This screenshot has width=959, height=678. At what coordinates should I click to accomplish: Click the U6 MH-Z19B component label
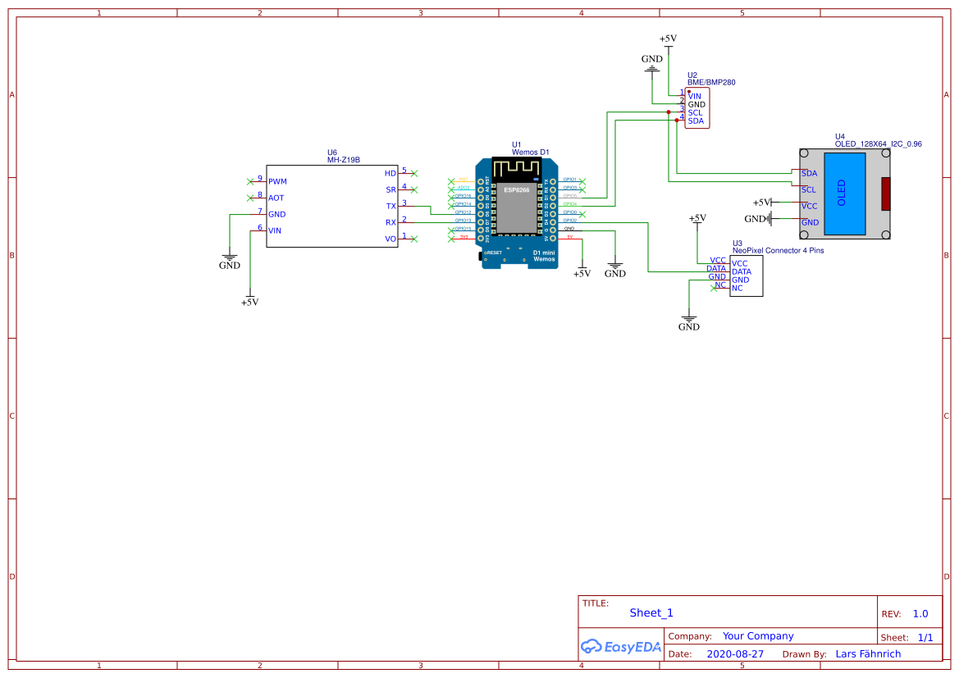(344, 157)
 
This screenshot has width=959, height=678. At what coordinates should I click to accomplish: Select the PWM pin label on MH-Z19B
(277, 181)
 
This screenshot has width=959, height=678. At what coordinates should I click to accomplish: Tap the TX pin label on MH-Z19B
(391, 206)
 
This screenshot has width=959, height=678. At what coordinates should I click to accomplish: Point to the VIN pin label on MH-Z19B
(275, 231)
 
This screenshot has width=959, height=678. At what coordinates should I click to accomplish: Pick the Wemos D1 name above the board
(530, 152)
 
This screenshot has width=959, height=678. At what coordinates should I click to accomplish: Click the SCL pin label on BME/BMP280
(695, 113)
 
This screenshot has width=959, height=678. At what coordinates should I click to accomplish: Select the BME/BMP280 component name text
(711, 83)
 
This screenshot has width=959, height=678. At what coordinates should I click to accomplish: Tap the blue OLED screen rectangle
(842, 193)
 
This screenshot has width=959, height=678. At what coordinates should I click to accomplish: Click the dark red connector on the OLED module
(885, 193)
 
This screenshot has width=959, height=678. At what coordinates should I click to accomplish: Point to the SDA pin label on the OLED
(809, 174)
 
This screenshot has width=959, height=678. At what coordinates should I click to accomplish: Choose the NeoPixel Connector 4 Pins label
(777, 251)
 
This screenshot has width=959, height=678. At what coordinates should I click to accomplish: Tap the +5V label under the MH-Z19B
(249, 303)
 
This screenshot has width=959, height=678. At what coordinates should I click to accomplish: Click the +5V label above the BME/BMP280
(669, 39)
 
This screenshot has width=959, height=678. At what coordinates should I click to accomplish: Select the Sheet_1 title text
(651, 613)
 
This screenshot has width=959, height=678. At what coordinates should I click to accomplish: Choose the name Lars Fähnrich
(868, 654)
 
